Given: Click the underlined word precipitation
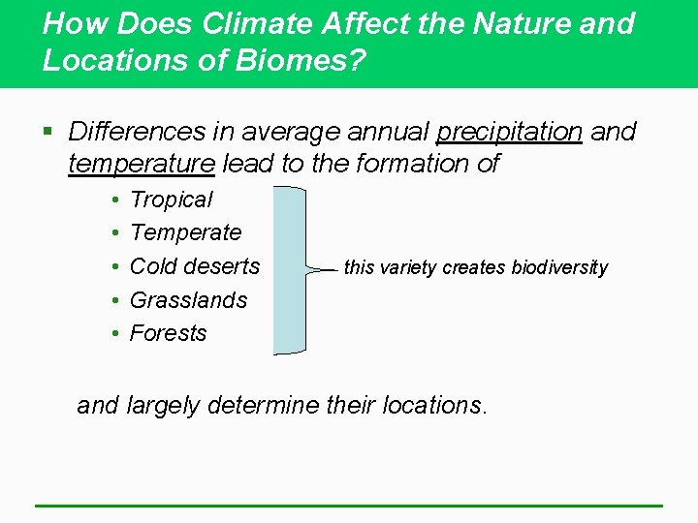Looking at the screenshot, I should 509,132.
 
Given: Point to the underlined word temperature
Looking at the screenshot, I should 142,165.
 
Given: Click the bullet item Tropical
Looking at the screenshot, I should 171,200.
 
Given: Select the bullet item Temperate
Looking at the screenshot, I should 185,232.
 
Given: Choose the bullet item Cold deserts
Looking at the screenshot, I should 195,265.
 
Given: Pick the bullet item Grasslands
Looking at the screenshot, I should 188,300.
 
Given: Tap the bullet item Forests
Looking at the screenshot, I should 168,333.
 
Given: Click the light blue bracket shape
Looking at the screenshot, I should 288,270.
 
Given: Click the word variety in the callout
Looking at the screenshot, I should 408,268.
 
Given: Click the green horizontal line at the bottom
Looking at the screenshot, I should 348,506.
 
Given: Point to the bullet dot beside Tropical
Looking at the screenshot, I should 114,200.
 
